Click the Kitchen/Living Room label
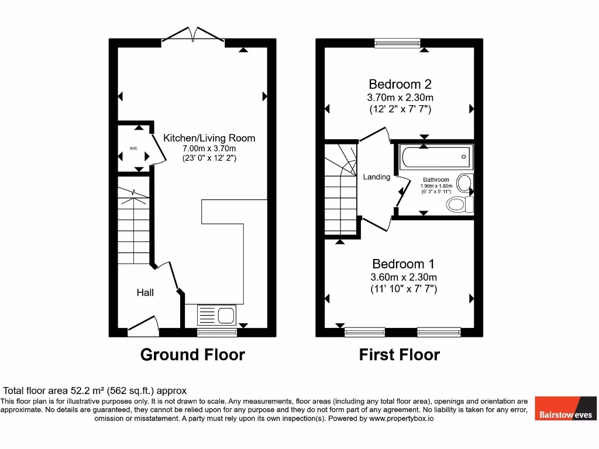coord(209,138)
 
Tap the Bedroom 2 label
coord(400,84)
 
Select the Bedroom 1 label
coord(403,264)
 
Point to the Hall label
coord(145,292)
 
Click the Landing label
coord(376,177)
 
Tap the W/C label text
coord(133,148)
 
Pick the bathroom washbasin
coord(465,182)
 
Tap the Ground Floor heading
coord(192,354)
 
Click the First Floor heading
coord(399,354)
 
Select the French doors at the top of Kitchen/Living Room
coord(192,35)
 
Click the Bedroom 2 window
coord(397,42)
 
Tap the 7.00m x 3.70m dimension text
coord(209,148)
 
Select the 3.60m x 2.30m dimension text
coord(403,277)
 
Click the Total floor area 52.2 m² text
coord(95,391)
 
